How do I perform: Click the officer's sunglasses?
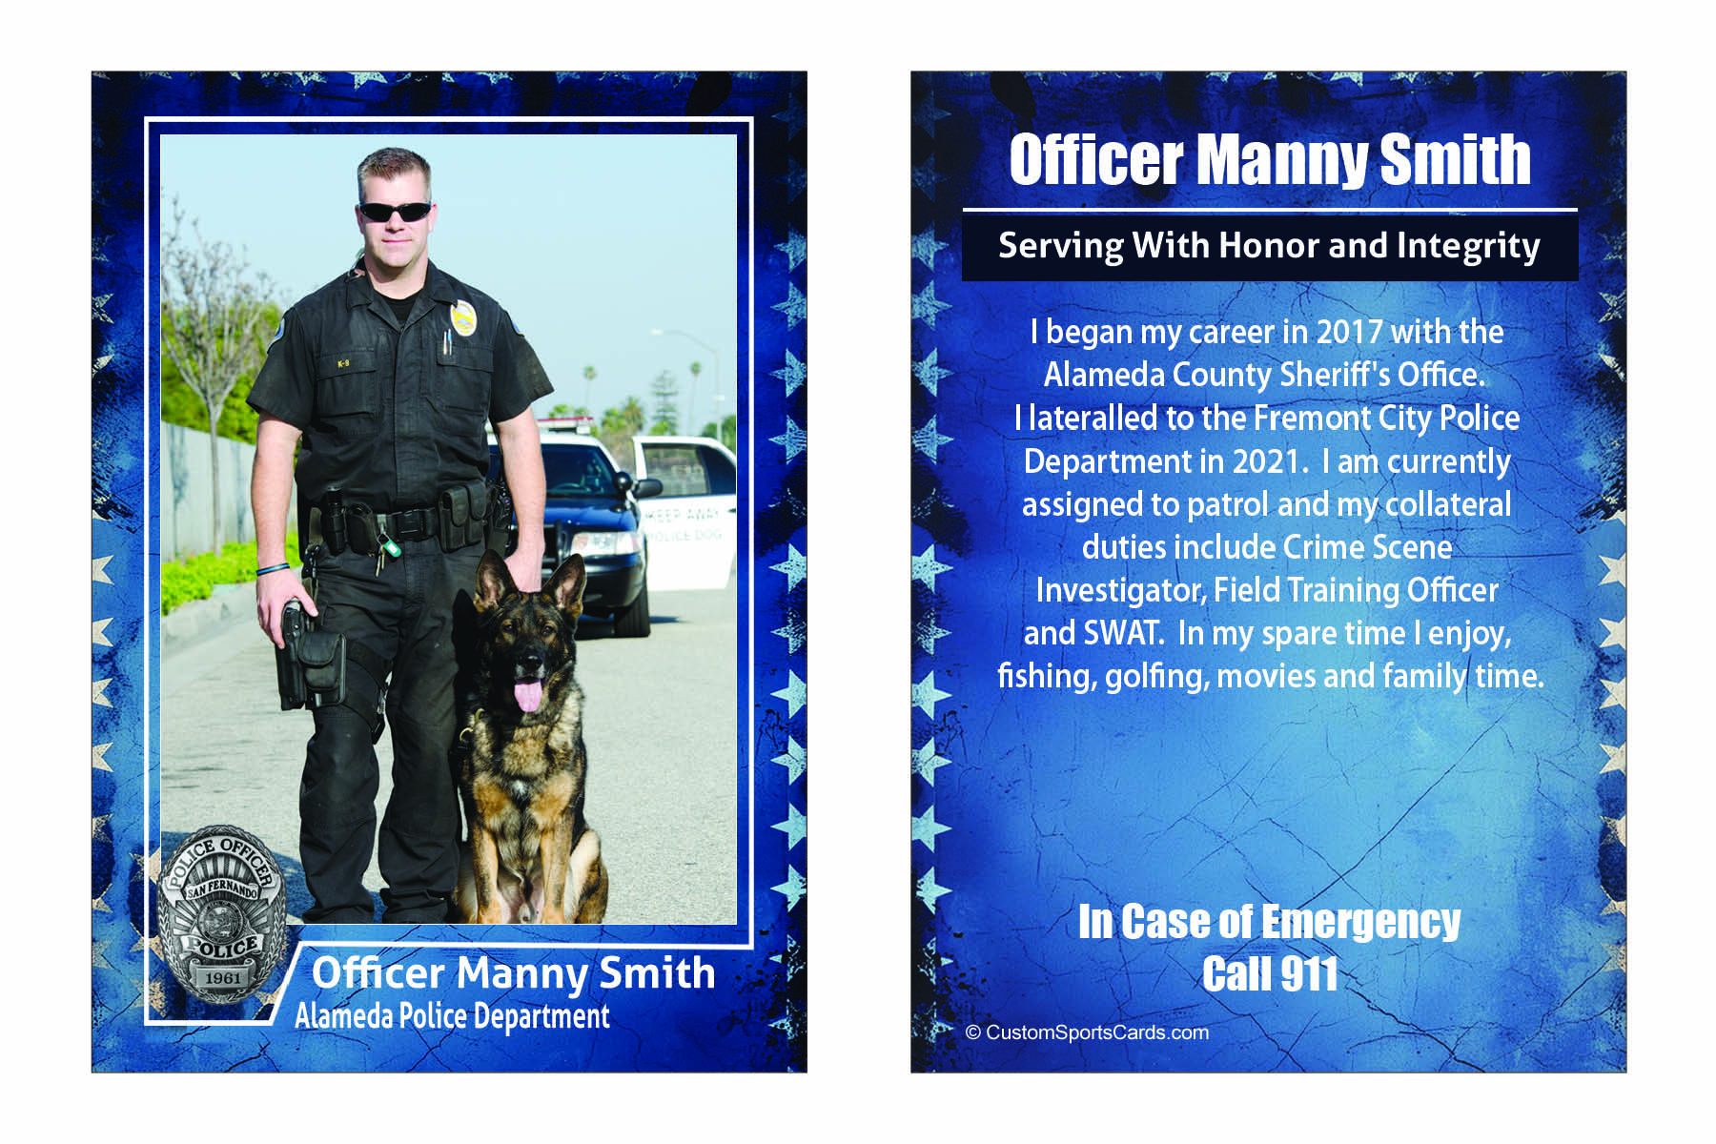pos(395,212)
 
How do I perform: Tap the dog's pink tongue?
pos(527,694)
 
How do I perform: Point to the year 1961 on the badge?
pos(222,978)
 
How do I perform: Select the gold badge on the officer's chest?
pos(463,318)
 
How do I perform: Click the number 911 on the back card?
pos(1309,974)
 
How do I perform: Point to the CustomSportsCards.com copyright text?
pos(1088,1032)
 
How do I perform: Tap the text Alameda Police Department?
pos(452,1017)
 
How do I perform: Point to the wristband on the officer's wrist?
pos(273,569)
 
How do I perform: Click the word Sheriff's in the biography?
pos(1335,375)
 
